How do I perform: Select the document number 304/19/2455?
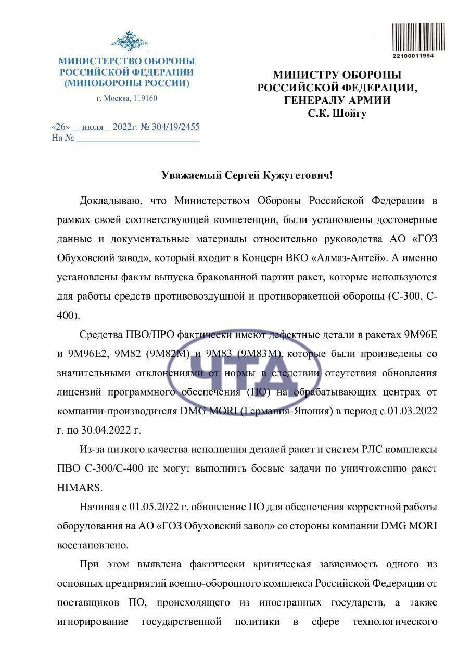pyautogui.click(x=175, y=127)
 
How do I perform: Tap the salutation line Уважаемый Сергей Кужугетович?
pyautogui.click(x=247, y=175)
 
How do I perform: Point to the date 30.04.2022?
pyautogui.click(x=106, y=430)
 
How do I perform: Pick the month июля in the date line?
pyautogui.click(x=92, y=127)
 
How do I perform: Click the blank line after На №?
pyautogui.click(x=138, y=138)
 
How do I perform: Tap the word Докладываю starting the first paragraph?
pyautogui.click(x=108, y=201)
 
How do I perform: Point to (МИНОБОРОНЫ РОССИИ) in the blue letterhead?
pyautogui.click(x=126, y=83)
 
